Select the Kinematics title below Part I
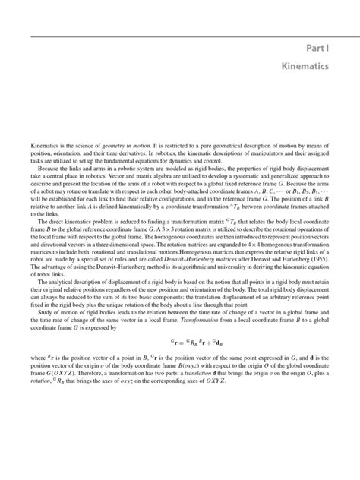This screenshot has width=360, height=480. pos(302,68)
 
